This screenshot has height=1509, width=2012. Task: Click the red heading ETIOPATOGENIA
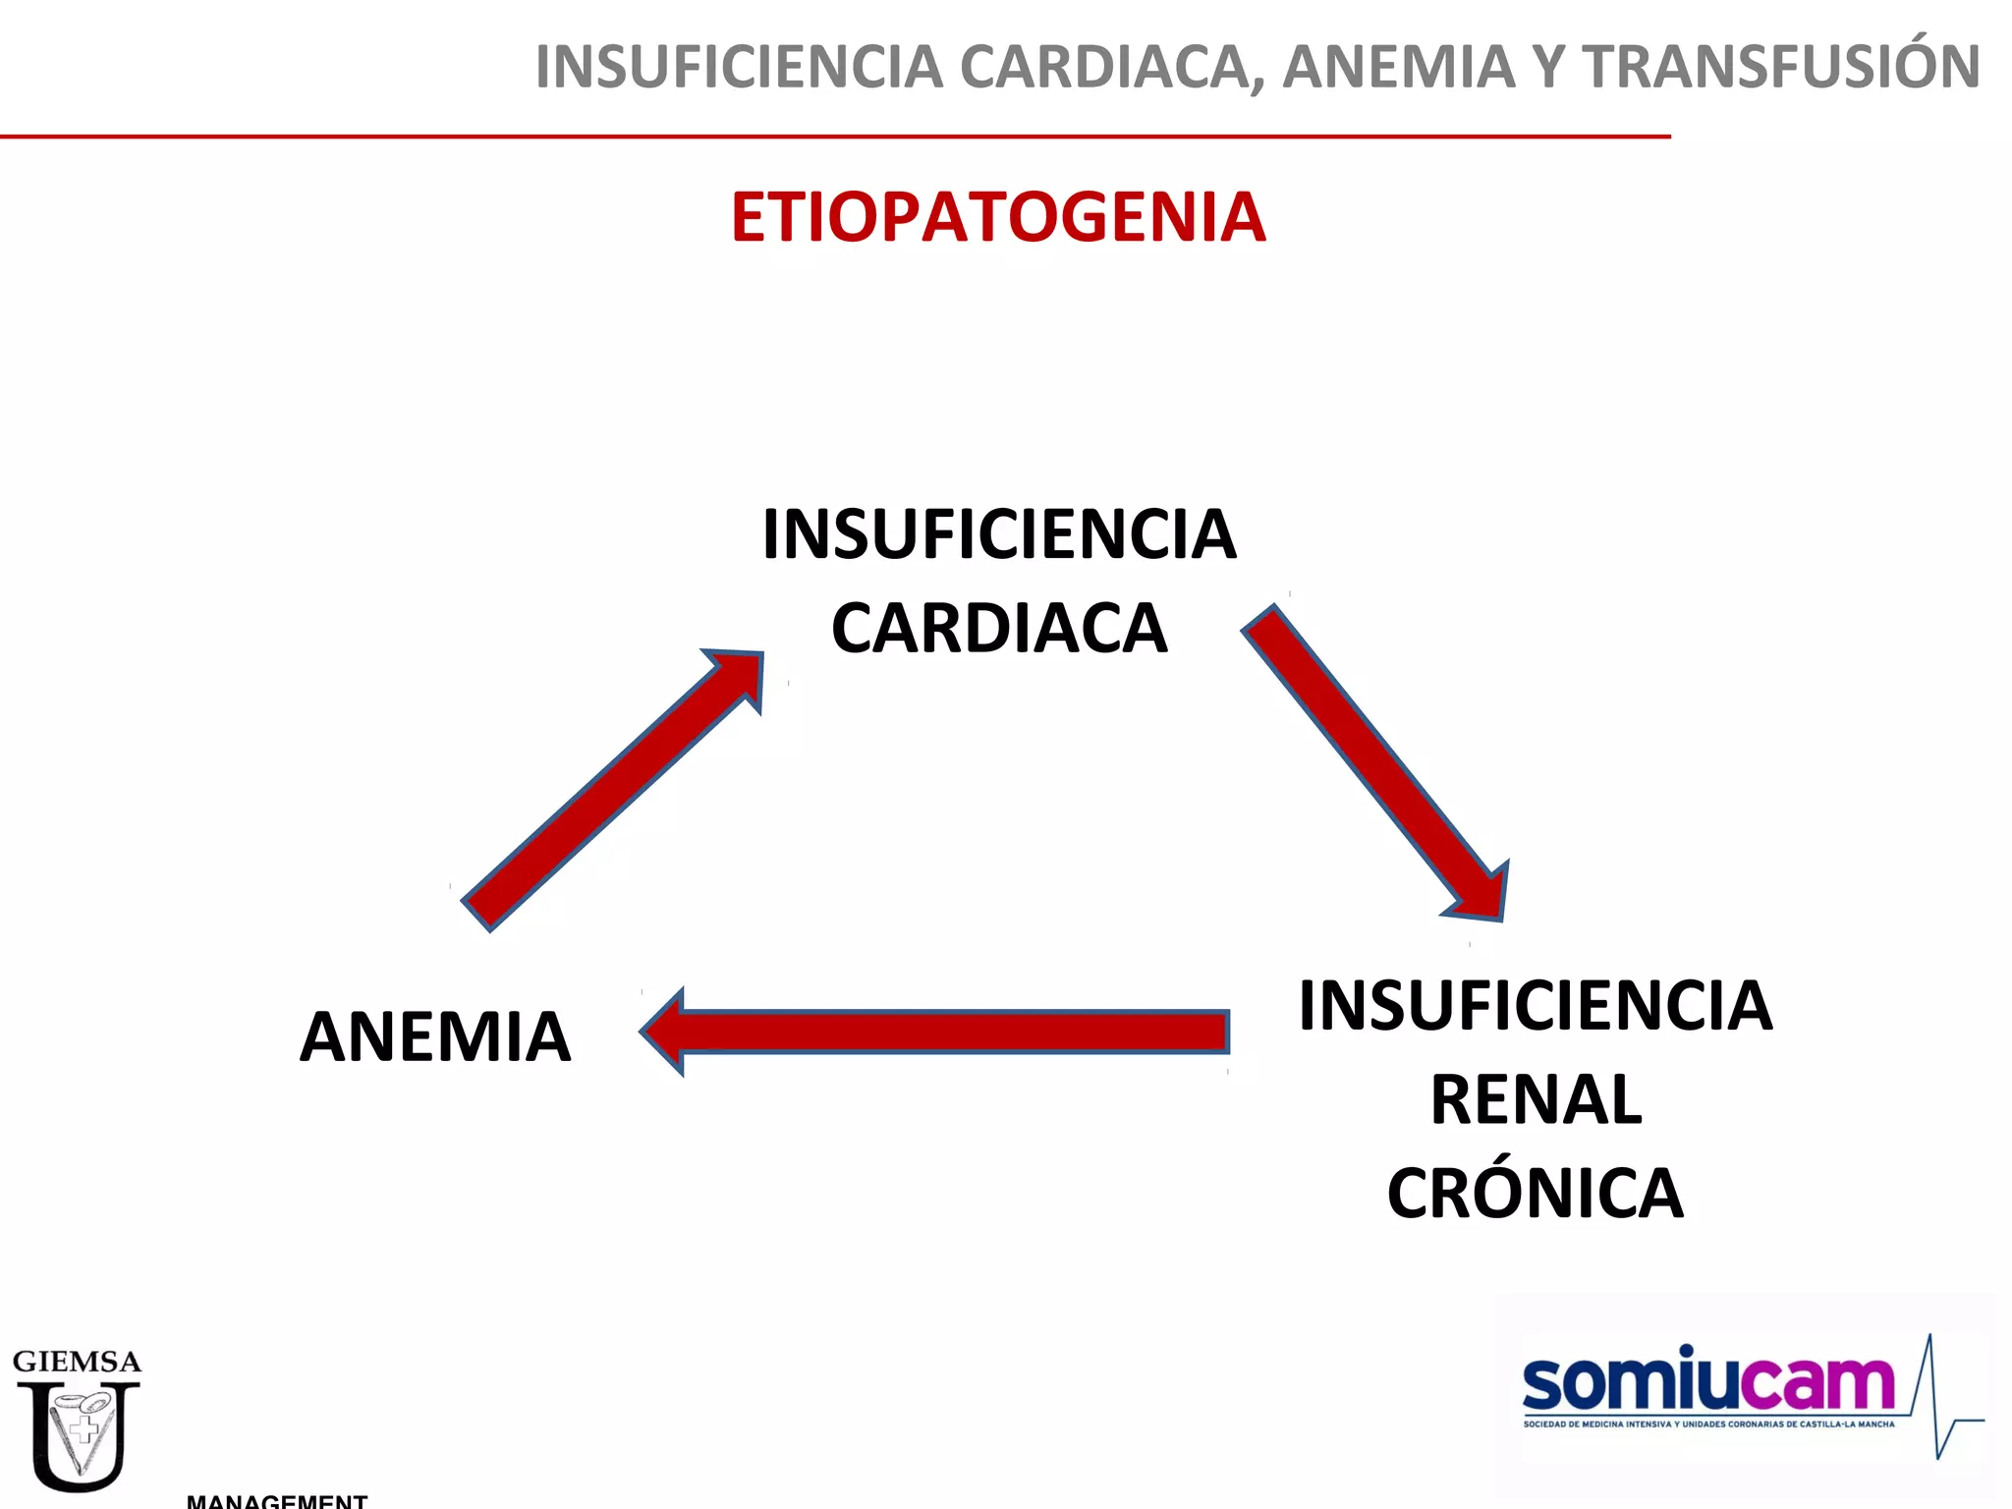click(x=998, y=217)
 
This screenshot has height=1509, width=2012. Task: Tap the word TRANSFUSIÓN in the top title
click(x=1780, y=67)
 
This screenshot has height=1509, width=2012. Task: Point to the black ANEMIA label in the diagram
click(x=434, y=1037)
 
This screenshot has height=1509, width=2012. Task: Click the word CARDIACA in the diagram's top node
click(x=999, y=629)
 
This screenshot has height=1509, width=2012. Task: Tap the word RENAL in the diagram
click(x=1535, y=1099)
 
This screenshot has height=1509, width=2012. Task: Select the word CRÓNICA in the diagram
click(x=1535, y=1193)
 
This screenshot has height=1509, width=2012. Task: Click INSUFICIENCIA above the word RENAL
click(x=1535, y=1006)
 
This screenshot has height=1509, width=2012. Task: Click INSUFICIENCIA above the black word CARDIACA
click(x=999, y=535)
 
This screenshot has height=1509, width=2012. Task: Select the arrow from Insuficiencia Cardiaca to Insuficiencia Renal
click(x=1375, y=762)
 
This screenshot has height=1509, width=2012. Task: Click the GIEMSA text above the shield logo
click(x=77, y=1362)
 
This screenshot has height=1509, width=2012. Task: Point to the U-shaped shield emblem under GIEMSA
click(x=79, y=1434)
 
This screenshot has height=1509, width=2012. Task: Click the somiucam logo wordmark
click(x=1707, y=1381)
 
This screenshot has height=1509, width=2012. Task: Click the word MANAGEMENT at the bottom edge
click(x=277, y=1500)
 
